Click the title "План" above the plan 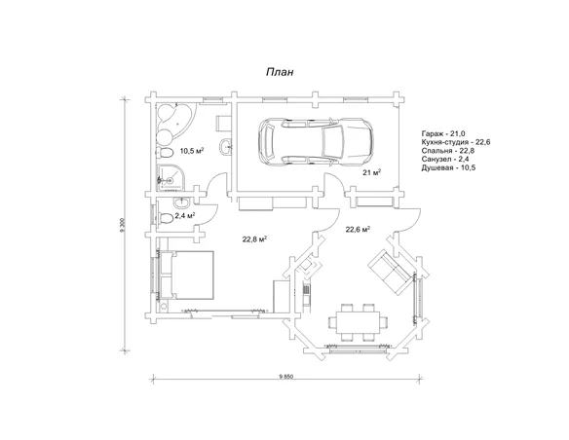tap(280, 72)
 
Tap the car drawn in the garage tap(316, 141)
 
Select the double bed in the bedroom tap(186, 275)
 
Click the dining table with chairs tap(359, 322)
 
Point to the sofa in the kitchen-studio tap(392, 270)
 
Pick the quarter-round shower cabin tap(171, 177)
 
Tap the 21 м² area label tap(371, 172)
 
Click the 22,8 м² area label tap(254, 239)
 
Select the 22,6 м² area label tap(358, 230)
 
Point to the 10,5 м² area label tap(192, 151)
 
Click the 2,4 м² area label tap(185, 216)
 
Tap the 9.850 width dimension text tap(285, 376)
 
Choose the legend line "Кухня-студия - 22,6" tap(456, 142)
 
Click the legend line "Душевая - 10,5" tap(448, 167)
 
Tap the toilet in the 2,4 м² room tap(166, 219)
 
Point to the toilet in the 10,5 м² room tap(165, 153)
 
